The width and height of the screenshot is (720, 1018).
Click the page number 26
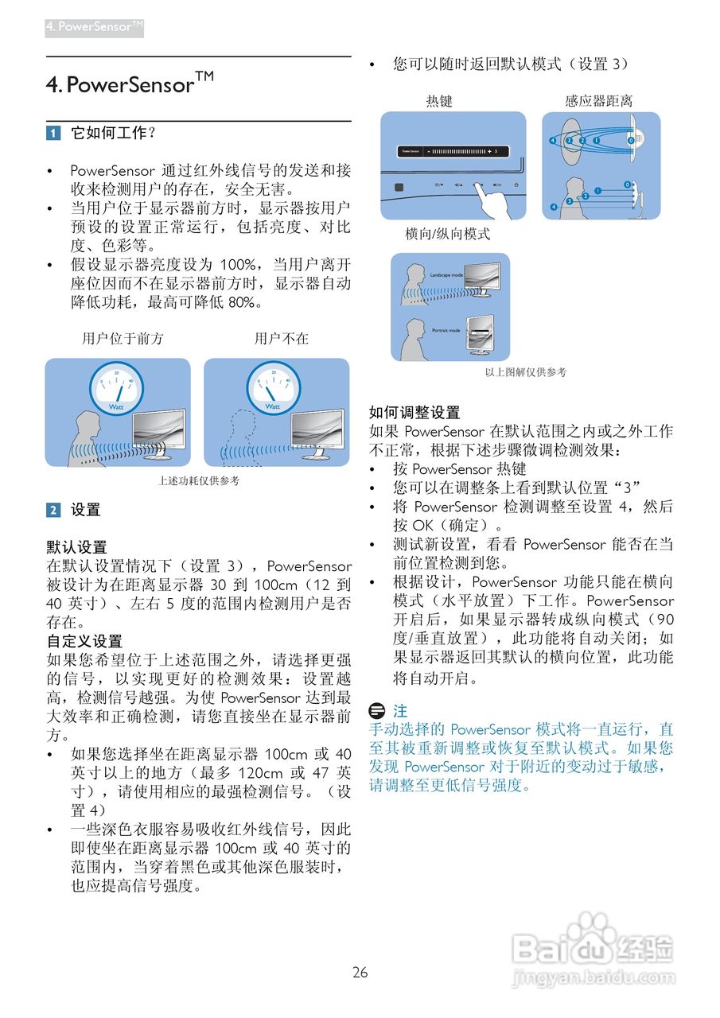[x=360, y=973]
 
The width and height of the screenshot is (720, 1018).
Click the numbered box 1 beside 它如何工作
[x=53, y=134]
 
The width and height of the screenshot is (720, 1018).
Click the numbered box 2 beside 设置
[x=53, y=511]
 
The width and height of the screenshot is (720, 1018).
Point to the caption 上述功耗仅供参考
[x=198, y=481]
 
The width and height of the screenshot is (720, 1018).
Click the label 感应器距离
[x=599, y=101]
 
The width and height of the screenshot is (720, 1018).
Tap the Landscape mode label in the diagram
[x=446, y=274]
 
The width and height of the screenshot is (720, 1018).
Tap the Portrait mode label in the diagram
[x=446, y=330]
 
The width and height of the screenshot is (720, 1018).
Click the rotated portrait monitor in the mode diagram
[x=481, y=332]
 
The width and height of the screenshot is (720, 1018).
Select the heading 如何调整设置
[x=414, y=413]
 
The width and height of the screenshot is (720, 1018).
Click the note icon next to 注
[x=379, y=710]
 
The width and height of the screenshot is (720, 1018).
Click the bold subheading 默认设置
[x=76, y=547]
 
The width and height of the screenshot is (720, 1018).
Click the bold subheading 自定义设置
[x=84, y=641]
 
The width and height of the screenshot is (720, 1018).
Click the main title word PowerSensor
[x=130, y=85]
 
